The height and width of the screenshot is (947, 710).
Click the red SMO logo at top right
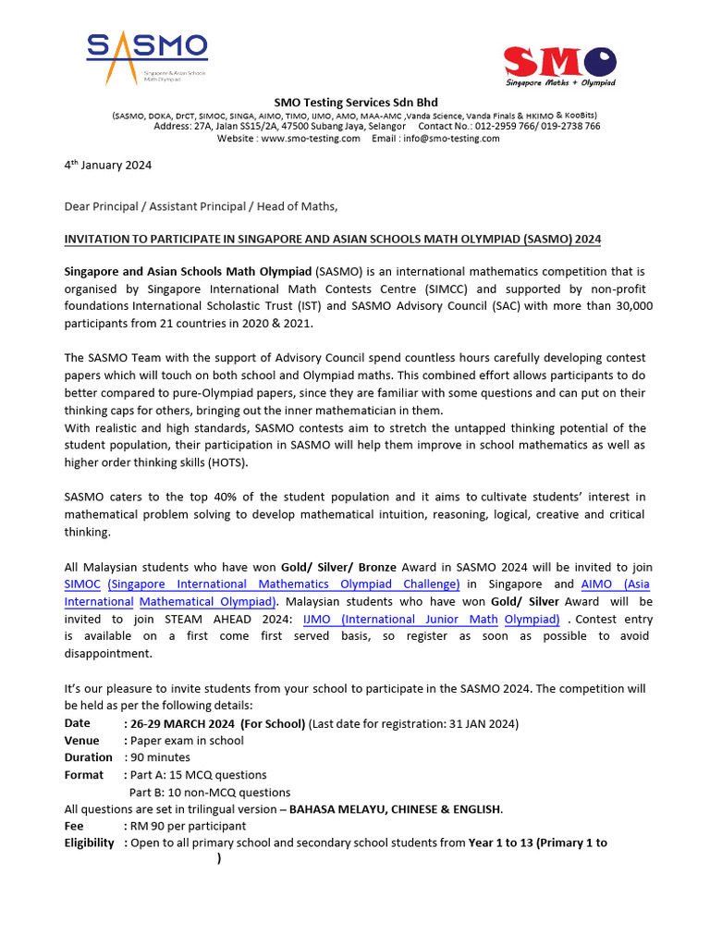[559, 66]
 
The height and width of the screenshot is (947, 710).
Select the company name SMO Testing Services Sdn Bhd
[355, 102]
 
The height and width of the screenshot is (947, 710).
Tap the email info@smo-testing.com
[449, 138]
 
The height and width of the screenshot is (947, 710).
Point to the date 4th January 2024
[107, 166]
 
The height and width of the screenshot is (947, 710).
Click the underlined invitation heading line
[332, 239]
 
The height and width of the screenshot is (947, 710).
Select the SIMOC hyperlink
[82, 584]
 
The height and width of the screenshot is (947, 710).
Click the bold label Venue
[81, 740]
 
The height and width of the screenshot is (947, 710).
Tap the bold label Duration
[88, 757]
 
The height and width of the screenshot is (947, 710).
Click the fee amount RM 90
[150, 826]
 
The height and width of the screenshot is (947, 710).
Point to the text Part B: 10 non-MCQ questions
[210, 792]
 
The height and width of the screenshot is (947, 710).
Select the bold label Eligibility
[90, 842]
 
